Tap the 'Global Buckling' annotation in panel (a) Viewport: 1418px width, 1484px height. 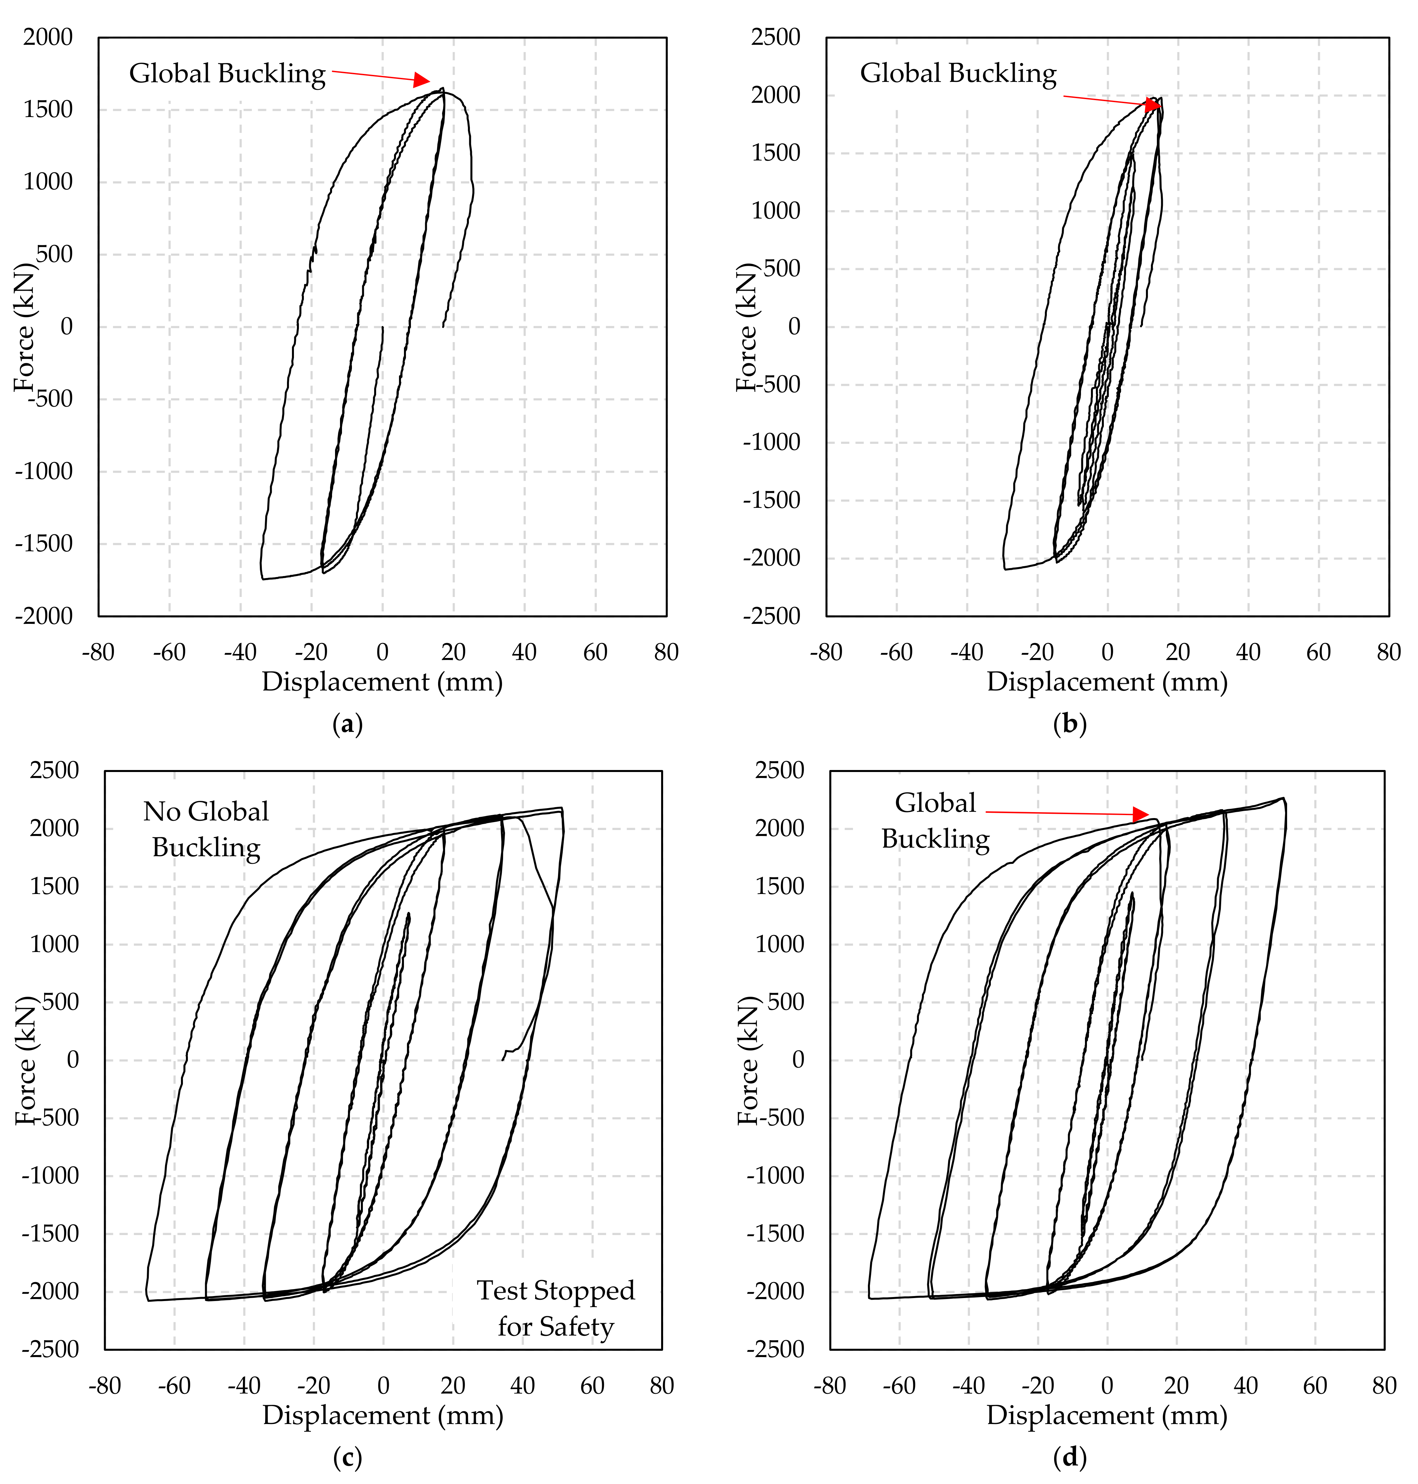click(227, 73)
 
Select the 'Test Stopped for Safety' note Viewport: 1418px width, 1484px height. click(555, 1308)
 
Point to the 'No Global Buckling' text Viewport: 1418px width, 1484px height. click(205, 829)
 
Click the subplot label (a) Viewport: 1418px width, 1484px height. click(348, 724)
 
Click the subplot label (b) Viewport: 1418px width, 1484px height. click(1069, 724)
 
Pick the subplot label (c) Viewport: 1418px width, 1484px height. click(348, 1457)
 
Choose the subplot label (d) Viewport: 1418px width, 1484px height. click(1069, 1457)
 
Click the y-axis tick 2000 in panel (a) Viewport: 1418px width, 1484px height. click(48, 37)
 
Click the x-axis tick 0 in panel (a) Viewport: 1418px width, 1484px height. click(382, 652)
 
